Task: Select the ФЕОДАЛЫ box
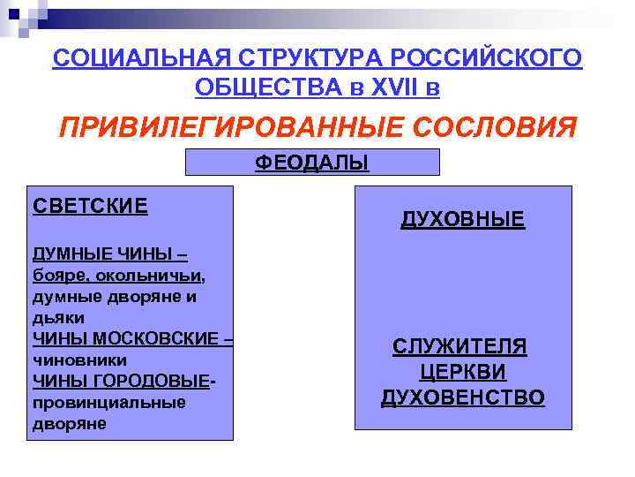tap(312, 163)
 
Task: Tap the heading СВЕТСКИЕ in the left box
tap(90, 206)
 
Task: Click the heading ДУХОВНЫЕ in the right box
tap(463, 219)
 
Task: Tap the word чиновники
tap(79, 360)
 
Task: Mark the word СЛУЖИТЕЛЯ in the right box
tap(459, 346)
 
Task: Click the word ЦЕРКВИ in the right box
tap(462, 372)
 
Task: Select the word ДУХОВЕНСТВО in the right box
tap(463, 398)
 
